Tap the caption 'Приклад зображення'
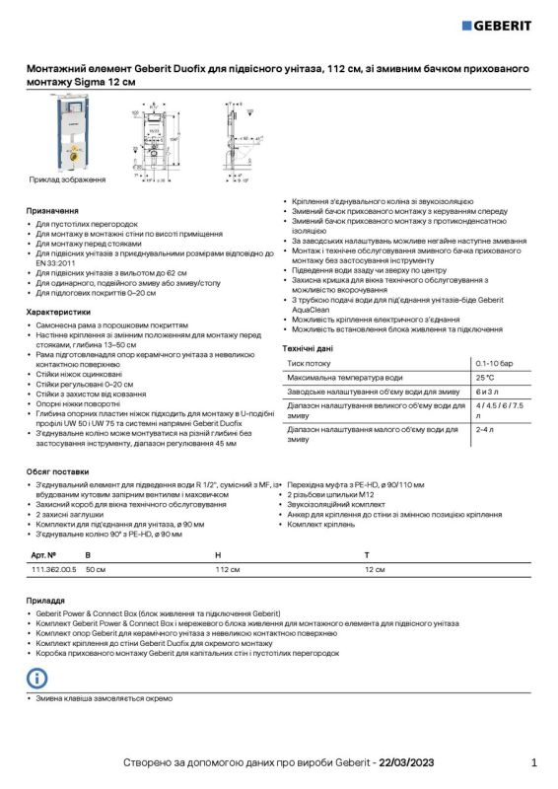click(x=67, y=180)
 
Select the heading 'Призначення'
click(x=52, y=211)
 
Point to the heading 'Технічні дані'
click(x=308, y=348)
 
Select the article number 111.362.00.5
click(x=53, y=570)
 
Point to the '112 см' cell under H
click(x=228, y=570)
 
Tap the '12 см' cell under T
click(x=375, y=570)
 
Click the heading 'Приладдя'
click(x=45, y=600)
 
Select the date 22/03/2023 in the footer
click(x=406, y=762)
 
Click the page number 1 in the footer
click(x=533, y=762)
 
